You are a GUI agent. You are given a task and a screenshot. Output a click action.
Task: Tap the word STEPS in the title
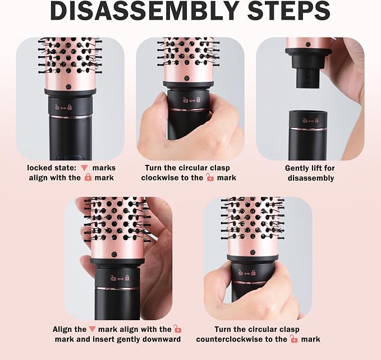tap(289, 11)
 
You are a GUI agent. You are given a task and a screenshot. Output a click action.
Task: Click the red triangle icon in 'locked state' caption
tap(84, 168)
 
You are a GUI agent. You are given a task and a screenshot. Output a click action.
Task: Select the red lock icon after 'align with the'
tap(88, 177)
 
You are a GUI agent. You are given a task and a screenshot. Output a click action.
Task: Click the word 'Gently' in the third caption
tap(297, 168)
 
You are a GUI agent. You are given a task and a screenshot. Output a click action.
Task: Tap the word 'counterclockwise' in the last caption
tap(238, 339)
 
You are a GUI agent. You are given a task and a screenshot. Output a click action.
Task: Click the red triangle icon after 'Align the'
tap(92, 329)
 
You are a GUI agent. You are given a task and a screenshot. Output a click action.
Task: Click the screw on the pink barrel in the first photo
tap(69, 86)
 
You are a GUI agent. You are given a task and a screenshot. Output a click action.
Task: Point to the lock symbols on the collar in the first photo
tap(63, 107)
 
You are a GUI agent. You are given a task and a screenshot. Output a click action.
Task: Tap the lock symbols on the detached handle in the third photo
tap(310, 120)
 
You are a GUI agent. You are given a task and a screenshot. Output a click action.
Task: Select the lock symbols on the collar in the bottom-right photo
tap(247, 273)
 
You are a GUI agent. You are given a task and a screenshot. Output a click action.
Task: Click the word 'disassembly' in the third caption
tap(311, 178)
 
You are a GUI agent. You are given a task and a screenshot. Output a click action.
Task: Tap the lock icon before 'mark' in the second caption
tap(210, 177)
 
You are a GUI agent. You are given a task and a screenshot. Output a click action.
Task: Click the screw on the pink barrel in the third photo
tap(308, 44)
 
